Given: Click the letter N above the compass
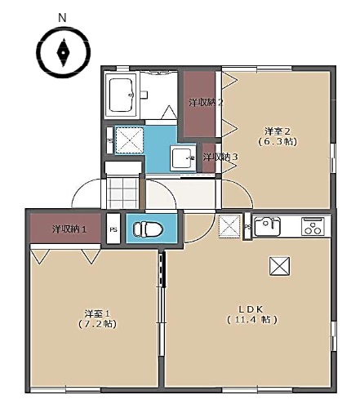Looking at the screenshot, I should tap(62, 16).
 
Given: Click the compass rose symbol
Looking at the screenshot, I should tap(62, 53).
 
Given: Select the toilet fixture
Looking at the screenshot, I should tap(147, 228).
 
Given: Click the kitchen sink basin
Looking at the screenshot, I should tap(267, 226).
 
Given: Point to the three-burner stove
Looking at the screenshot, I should tap(313, 226).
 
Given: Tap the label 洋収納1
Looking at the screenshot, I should tap(69, 228).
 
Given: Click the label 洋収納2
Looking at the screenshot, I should tap(206, 102).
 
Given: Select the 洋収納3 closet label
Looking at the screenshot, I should tap(220, 157).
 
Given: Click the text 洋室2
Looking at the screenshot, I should tap(278, 131).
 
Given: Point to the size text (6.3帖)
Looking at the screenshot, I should tap(278, 141).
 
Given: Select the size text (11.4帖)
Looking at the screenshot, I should tap(251, 319).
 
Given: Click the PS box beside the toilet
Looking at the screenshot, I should tap(113, 228).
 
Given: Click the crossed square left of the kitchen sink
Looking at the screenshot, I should tap(229, 225).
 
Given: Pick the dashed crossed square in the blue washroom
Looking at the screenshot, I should tap(129, 140).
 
